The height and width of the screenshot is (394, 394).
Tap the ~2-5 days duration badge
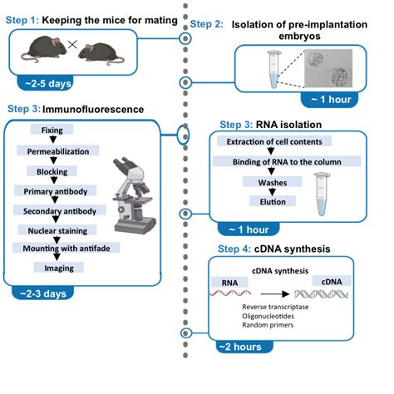47,83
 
